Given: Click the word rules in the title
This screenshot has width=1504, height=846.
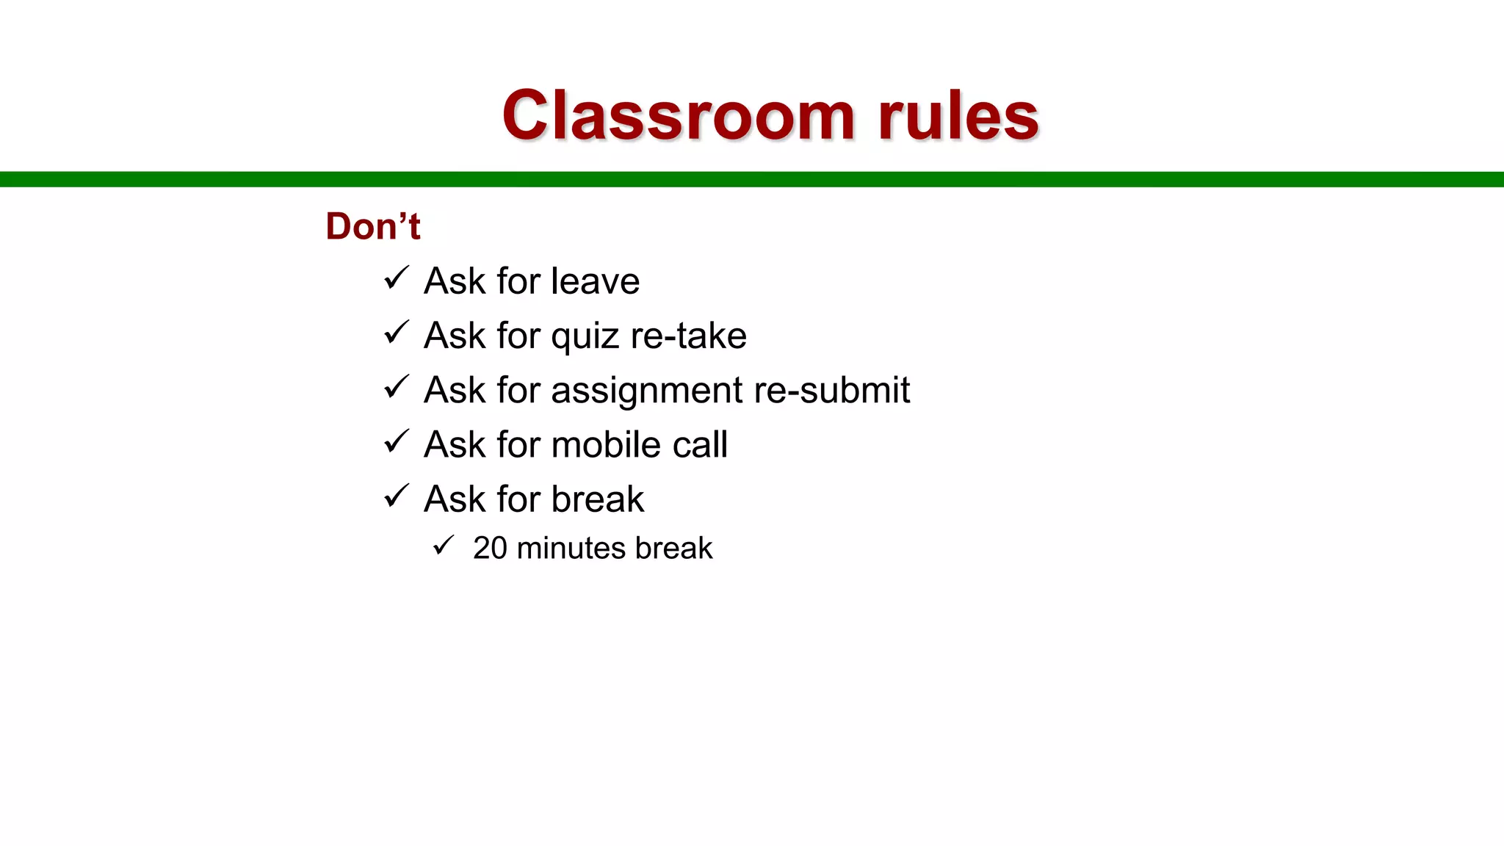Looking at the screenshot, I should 958,116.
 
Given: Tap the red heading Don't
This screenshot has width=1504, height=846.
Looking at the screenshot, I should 373,225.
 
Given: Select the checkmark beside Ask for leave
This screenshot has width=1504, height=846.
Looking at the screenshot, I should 397,278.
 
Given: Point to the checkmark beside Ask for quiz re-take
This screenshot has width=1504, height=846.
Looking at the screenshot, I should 397,333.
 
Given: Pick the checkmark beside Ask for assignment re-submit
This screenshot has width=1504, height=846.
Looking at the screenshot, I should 397,387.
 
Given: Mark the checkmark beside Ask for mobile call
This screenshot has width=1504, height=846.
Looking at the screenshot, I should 397,442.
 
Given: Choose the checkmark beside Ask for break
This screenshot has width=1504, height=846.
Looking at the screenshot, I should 397,496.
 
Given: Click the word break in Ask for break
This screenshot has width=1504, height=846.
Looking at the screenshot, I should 598,499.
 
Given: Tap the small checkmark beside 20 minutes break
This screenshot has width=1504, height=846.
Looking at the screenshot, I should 444,546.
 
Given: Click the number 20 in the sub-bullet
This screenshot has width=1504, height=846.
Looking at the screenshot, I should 490,549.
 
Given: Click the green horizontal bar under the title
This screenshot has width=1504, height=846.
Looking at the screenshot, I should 752,179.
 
